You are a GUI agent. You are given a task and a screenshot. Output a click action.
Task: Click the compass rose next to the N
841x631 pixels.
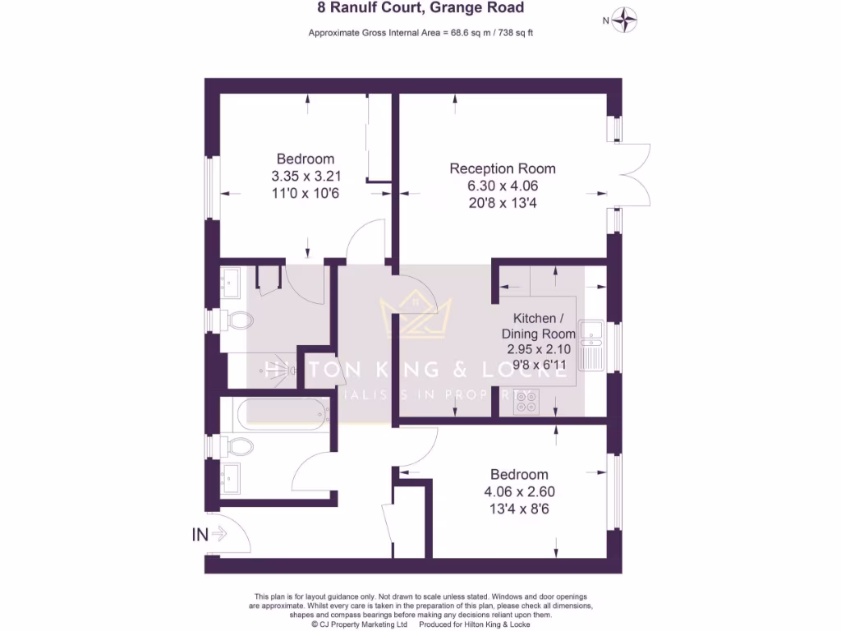(627, 20)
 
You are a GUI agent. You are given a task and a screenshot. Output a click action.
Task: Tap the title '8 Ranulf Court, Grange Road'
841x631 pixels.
(420, 9)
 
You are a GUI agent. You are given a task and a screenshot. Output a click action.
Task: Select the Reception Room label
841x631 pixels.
(502, 168)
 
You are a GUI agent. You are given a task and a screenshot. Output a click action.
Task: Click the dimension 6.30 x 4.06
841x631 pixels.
(502, 186)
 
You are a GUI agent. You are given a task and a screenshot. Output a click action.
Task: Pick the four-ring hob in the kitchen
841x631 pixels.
(526, 403)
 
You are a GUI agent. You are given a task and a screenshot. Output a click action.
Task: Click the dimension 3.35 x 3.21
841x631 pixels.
(306, 176)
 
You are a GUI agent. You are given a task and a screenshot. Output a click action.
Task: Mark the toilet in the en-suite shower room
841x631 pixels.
(235, 320)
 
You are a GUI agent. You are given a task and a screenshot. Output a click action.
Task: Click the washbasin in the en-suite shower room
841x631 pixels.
(229, 283)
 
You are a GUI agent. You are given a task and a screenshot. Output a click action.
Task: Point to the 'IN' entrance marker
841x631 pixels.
(200, 535)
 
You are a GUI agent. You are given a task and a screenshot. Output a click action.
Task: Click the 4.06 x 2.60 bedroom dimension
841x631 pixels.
(518, 491)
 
